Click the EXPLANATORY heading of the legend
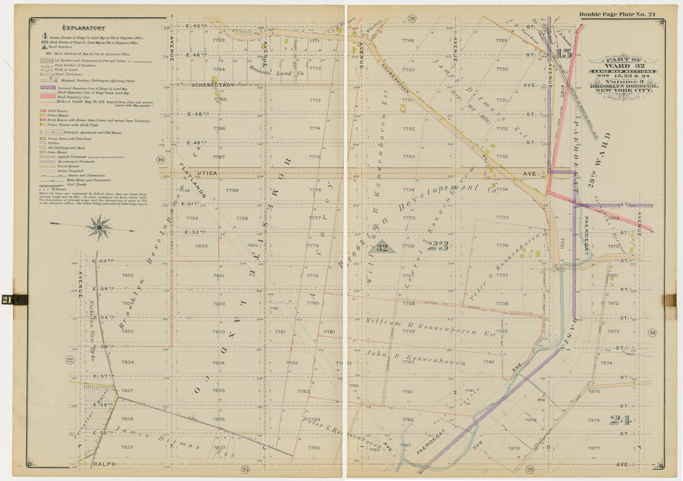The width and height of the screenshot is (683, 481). click(x=83, y=28)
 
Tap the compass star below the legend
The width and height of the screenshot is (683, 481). click(x=99, y=227)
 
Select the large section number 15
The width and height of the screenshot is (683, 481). click(x=564, y=54)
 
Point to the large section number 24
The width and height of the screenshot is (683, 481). click(x=619, y=420)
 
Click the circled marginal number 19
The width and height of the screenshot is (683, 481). click(x=161, y=160)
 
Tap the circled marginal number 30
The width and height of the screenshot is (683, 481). click(x=652, y=333)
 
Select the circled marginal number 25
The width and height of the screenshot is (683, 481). click(x=245, y=469)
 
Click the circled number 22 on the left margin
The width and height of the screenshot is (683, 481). click(x=70, y=360)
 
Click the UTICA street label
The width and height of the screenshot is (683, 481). click(x=208, y=174)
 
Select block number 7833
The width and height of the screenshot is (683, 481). click(x=127, y=275)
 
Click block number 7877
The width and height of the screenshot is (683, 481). click(x=593, y=448)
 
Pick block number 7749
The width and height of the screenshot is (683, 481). click(x=407, y=41)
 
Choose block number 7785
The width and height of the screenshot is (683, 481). click(x=313, y=448)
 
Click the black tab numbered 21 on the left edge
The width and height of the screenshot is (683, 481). click(x=14, y=300)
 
